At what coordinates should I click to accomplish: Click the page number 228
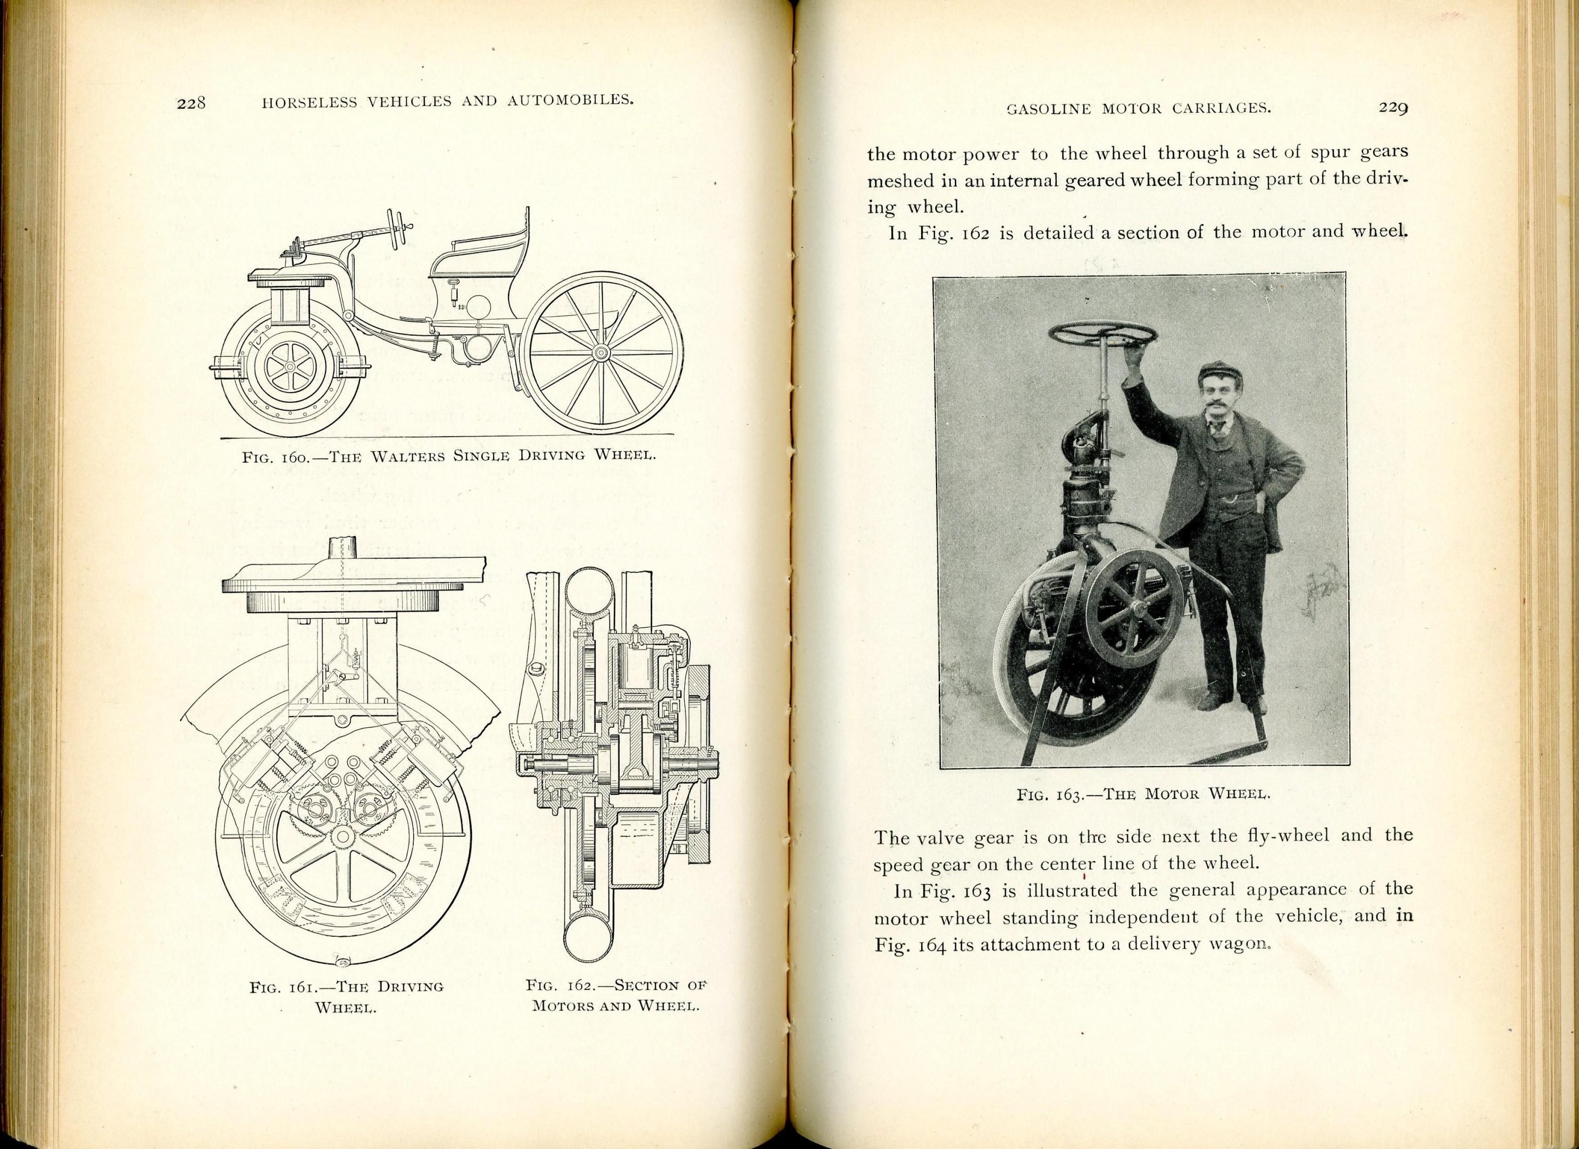click(x=191, y=104)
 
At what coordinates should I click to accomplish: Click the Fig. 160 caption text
click(x=449, y=457)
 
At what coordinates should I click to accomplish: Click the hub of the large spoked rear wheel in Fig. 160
click(x=598, y=354)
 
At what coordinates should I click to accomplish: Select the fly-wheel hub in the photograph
click(x=1137, y=610)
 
